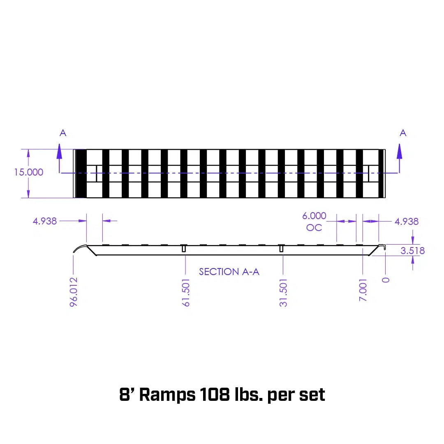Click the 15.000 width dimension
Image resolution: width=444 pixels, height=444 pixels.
coord(29,172)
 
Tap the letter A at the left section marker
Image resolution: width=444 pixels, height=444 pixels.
coord(63,133)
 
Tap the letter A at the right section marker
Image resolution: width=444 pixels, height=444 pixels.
coord(403,133)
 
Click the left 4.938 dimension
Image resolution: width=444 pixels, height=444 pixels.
coord(45,221)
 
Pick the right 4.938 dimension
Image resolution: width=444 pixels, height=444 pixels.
coord(406,222)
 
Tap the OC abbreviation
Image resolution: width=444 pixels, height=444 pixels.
coord(314,227)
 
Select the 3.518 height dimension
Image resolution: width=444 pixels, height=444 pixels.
coord(413,250)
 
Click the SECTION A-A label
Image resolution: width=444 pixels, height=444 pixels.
coord(229,272)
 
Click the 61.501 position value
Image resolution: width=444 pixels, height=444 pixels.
coord(186,292)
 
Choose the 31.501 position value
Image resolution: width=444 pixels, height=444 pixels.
coord(283,292)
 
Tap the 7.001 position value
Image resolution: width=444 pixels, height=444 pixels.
coord(363,290)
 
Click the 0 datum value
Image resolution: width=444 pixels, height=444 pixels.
coord(386,280)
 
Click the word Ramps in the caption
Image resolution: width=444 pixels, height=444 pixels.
coord(167,395)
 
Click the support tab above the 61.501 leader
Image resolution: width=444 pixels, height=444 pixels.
coord(184,249)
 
